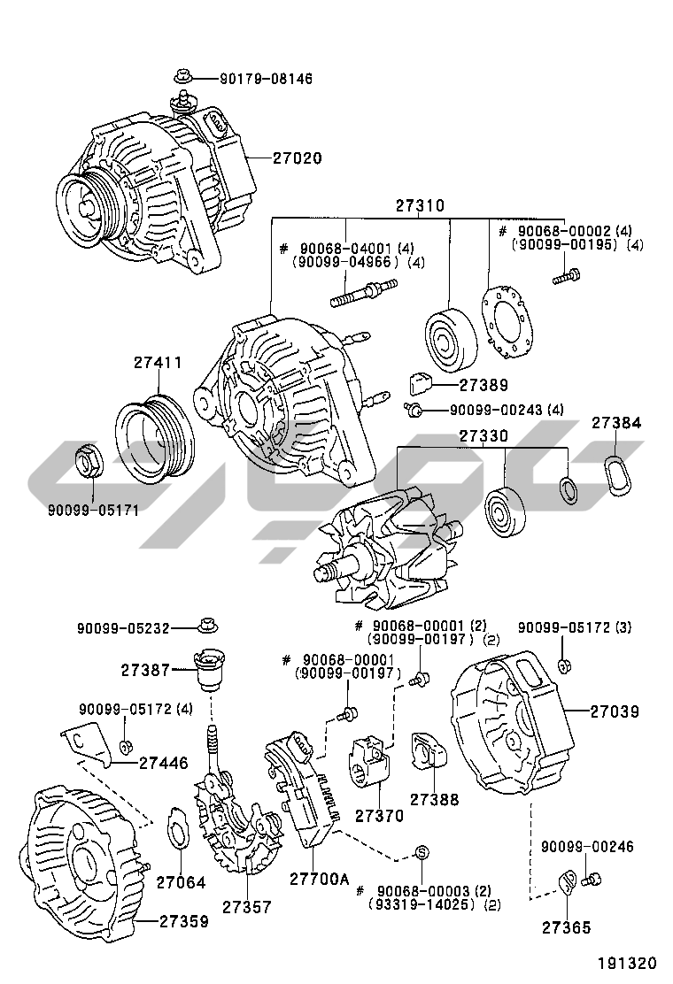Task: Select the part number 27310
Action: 420,205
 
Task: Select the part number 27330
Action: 483,436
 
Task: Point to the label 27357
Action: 246,907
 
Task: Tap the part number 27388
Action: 434,798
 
